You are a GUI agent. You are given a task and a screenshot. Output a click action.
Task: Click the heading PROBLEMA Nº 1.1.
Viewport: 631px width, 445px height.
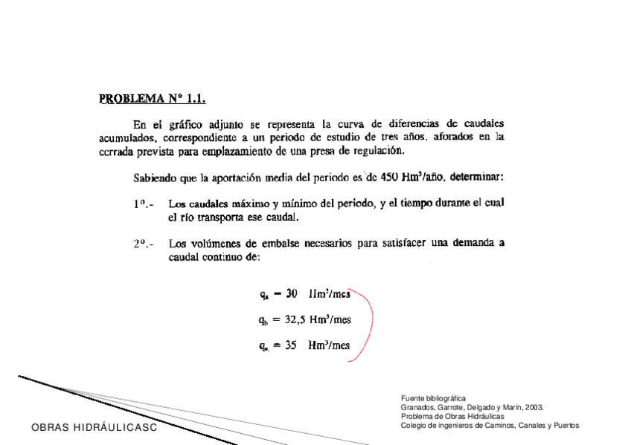pos(152,97)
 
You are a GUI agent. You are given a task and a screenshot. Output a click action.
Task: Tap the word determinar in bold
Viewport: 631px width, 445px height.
pos(477,178)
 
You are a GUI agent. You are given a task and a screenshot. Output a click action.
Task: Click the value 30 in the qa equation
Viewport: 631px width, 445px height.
pos(292,293)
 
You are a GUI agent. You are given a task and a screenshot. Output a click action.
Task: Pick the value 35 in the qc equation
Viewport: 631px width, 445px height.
pos(291,345)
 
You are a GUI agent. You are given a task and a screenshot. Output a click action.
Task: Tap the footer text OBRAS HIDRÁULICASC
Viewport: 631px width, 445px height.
pos(95,429)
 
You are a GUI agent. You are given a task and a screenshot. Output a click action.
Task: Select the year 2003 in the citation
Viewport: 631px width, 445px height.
pos(534,407)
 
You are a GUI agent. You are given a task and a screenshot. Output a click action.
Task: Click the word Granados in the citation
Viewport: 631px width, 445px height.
pos(416,407)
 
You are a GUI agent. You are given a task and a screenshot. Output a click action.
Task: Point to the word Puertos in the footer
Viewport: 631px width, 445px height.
pos(566,425)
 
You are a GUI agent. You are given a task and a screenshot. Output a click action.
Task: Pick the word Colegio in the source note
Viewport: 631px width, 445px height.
pos(413,425)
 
